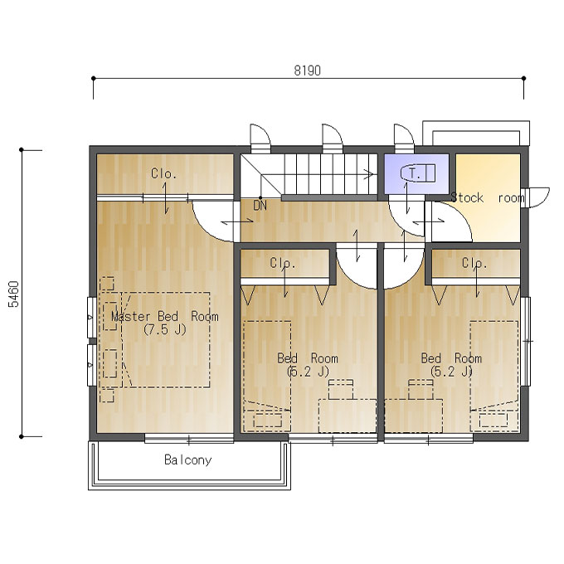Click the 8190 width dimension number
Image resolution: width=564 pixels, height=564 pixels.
click(307, 70)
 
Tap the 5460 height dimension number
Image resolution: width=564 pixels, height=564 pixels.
click(13, 294)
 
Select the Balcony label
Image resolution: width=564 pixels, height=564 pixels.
click(187, 460)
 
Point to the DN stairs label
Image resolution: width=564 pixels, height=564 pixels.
click(260, 206)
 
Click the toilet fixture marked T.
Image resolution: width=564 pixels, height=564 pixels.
click(417, 173)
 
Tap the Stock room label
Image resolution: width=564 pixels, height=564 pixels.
click(488, 198)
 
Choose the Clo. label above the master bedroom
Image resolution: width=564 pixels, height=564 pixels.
click(163, 173)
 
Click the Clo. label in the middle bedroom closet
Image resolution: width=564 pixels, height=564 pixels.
click(282, 263)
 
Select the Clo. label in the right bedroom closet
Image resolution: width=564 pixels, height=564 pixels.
click(474, 263)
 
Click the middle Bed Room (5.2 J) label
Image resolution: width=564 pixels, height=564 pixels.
click(308, 364)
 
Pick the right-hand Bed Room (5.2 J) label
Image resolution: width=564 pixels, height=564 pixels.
click(451, 364)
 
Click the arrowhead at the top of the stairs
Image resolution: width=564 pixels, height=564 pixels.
click(369, 174)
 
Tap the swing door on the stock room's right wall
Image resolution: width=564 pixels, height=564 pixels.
click(537, 197)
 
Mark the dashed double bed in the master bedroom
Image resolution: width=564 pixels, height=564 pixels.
click(166, 339)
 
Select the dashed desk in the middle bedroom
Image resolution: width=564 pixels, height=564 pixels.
click(348, 416)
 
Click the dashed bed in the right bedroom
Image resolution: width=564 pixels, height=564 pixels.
click(494, 377)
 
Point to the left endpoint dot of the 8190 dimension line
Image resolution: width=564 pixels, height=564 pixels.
click(94, 78)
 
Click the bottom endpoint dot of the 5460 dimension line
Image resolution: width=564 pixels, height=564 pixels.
click(22, 436)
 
